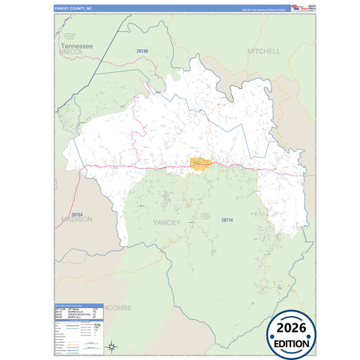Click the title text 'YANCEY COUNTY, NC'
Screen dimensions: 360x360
72,8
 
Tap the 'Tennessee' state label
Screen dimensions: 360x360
76,45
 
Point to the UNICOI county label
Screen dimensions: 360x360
70,51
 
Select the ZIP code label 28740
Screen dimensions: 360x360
142,51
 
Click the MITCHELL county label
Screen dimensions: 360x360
263,51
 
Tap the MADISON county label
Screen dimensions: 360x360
76,219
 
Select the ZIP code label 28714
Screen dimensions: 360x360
226,220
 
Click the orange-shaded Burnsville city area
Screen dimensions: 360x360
201,164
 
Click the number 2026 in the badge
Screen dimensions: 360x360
291,329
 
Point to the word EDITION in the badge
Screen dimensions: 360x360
291,342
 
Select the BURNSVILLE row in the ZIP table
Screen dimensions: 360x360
76,311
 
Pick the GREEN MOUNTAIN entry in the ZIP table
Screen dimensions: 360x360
78,314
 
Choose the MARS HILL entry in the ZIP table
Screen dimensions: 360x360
74,317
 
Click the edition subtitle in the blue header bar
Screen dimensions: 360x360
259,9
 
